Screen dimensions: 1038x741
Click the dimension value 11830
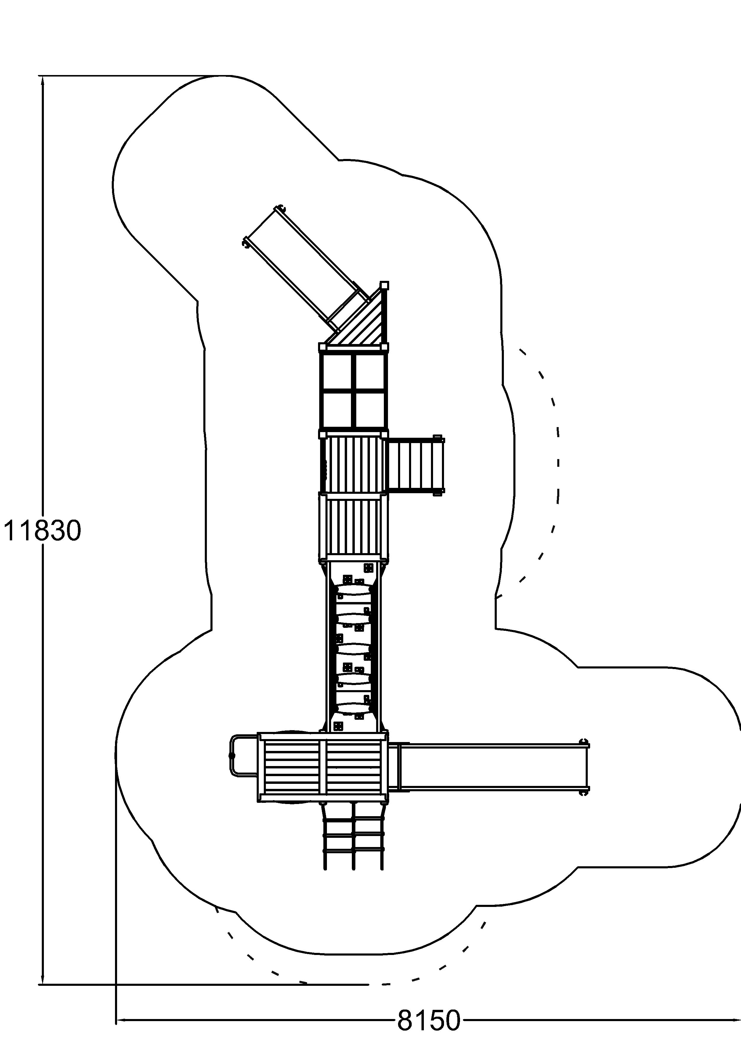(x=42, y=531)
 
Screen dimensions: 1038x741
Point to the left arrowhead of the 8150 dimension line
(x=121, y=1016)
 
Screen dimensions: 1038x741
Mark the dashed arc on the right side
(x=554, y=461)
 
